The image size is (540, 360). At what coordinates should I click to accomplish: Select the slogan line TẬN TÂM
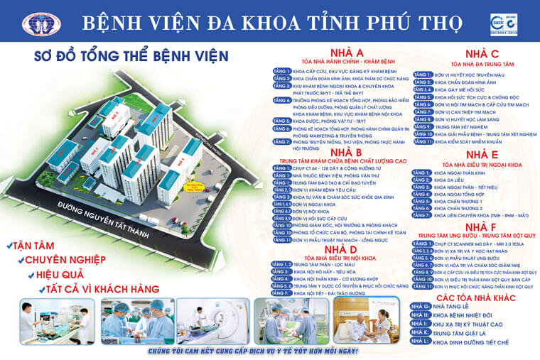pyautogui.click(x=36, y=245)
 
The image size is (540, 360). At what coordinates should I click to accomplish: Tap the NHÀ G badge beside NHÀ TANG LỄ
pyautogui.click(x=421, y=307)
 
